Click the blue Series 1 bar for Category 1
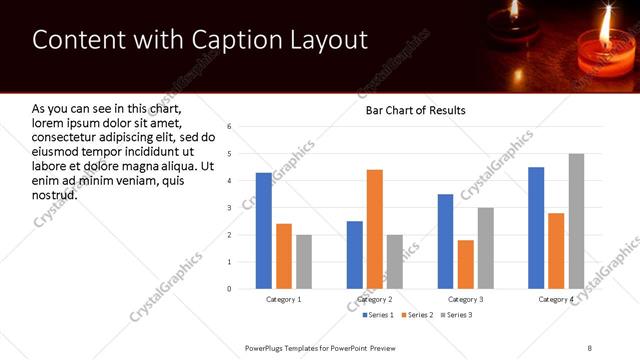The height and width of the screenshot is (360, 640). (263, 231)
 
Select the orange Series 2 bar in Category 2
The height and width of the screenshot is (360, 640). (375, 229)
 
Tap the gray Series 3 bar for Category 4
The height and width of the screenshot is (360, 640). (576, 221)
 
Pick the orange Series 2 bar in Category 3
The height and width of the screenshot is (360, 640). (466, 264)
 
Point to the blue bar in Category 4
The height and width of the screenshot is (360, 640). (536, 228)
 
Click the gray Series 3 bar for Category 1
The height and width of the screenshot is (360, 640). (303, 262)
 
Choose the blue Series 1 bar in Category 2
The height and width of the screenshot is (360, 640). (355, 255)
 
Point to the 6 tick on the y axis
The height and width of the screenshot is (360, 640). (230, 127)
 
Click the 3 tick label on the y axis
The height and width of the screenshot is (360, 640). (230, 208)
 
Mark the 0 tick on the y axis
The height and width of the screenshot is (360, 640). (230, 289)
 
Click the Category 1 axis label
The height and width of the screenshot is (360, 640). (284, 299)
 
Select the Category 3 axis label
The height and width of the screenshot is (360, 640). (466, 299)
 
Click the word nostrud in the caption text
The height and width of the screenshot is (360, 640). (55, 194)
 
